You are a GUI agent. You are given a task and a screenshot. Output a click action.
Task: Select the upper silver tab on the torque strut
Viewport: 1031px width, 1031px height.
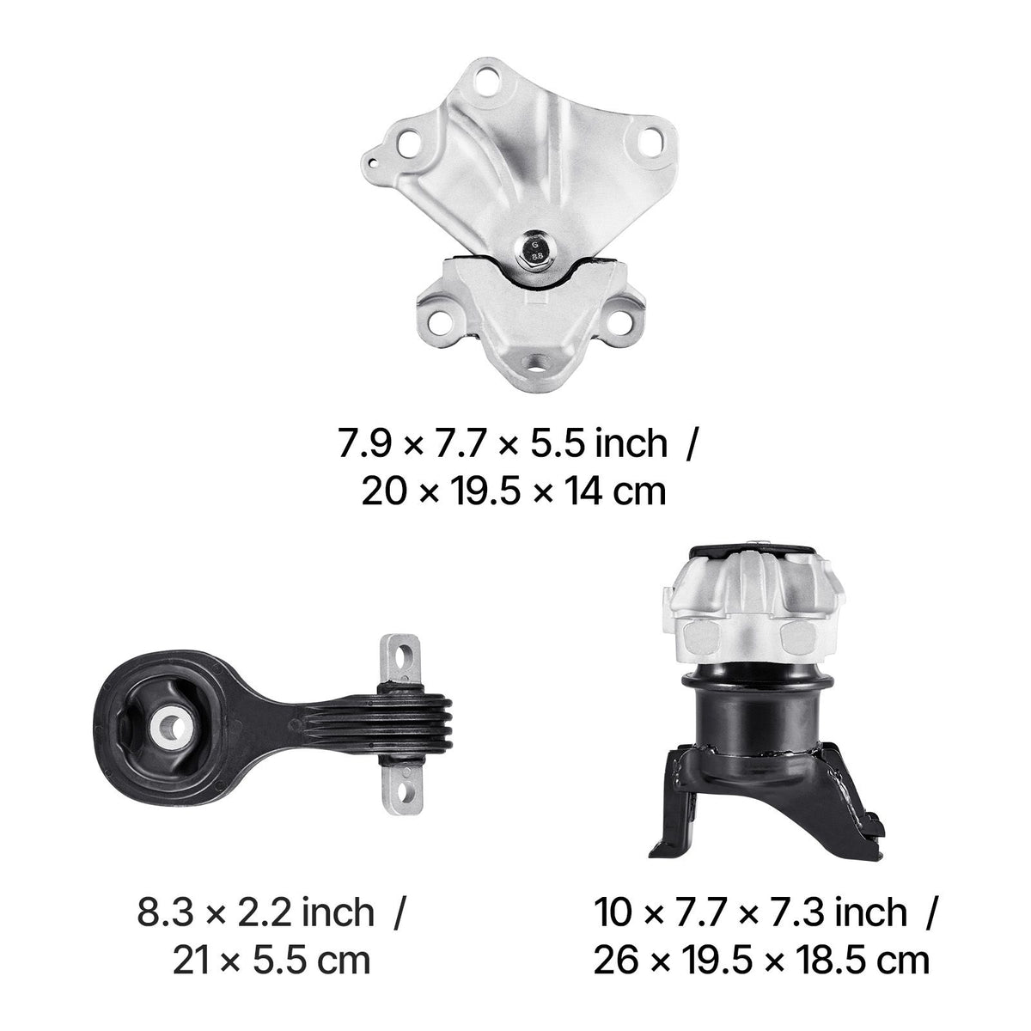pos(400,660)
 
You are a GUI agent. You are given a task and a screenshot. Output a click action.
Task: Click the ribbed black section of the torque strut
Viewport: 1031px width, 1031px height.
pos(412,725)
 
